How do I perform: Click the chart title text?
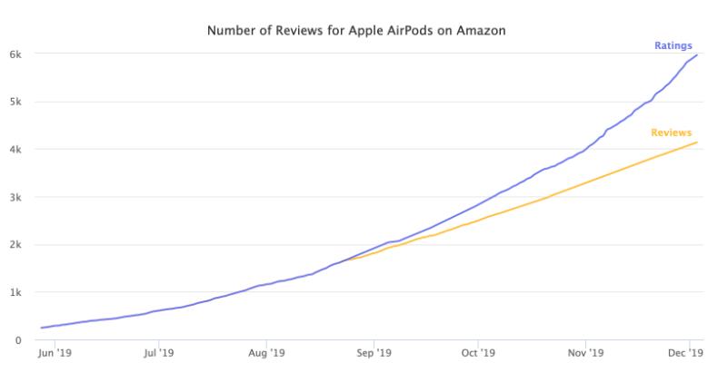pyautogui.click(x=356, y=30)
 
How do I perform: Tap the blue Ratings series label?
pyautogui.click(x=673, y=44)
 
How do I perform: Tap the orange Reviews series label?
pyautogui.click(x=672, y=133)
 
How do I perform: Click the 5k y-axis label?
pyautogui.click(x=15, y=102)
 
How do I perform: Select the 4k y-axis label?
pyautogui.click(x=15, y=150)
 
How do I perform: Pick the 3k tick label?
pyautogui.click(x=15, y=197)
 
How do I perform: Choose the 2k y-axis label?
pyautogui.click(x=15, y=245)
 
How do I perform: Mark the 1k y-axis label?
pyautogui.click(x=15, y=292)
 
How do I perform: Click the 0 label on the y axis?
pyautogui.click(x=18, y=340)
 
